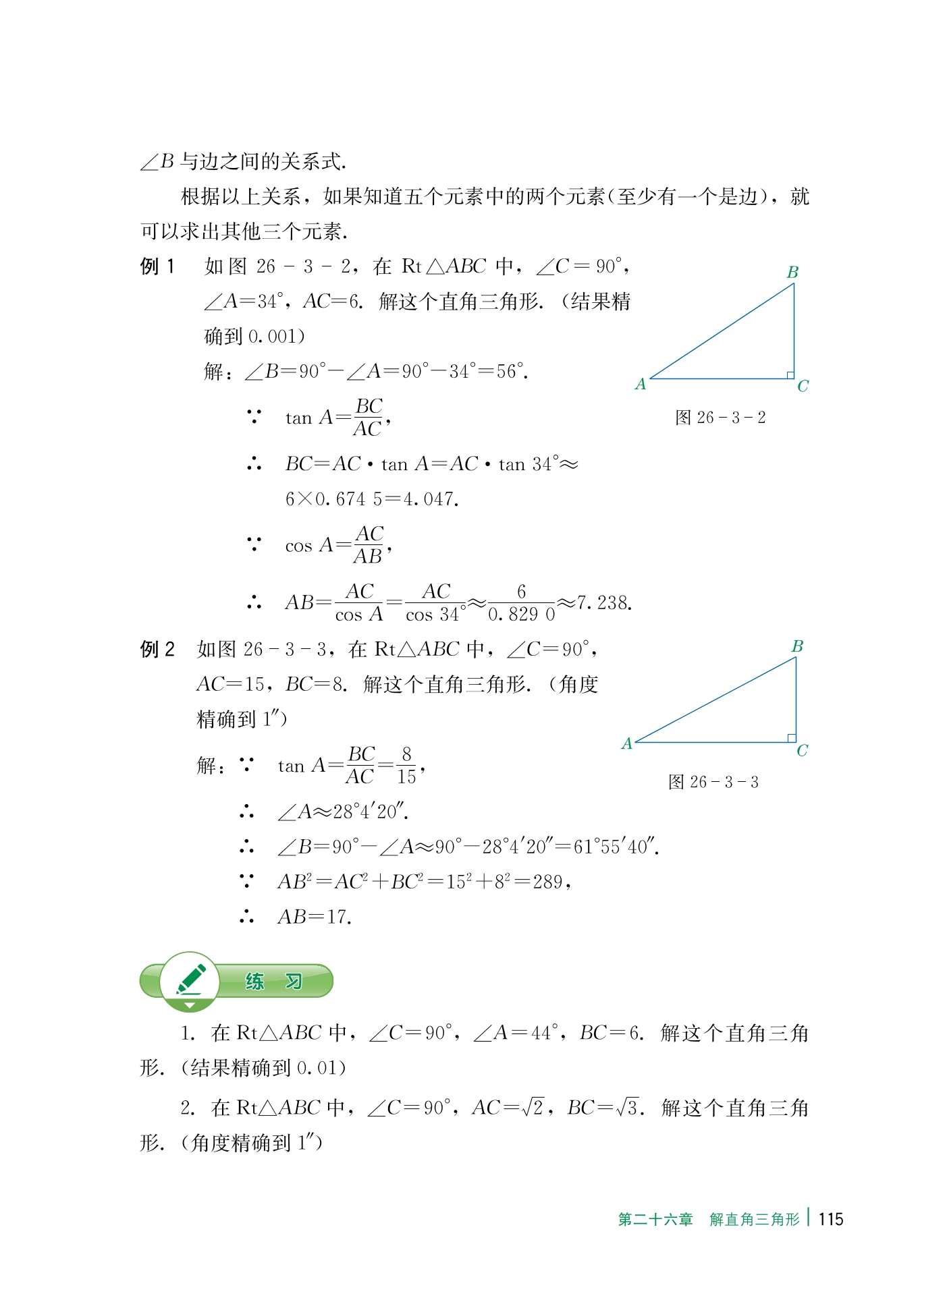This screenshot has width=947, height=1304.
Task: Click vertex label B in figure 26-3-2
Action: (x=792, y=273)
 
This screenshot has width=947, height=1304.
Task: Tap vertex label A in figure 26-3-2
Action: (x=641, y=385)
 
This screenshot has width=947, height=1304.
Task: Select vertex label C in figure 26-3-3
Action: (x=802, y=751)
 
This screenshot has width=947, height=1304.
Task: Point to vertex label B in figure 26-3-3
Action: (x=797, y=646)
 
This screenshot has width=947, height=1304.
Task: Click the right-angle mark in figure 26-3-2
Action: (x=790, y=375)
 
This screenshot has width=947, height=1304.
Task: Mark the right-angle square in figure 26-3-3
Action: (x=792, y=738)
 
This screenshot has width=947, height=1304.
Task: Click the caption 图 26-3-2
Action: (x=720, y=418)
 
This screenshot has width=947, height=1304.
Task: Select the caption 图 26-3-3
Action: (x=713, y=782)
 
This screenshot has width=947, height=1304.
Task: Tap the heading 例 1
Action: (x=157, y=267)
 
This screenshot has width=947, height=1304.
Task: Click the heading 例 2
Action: (x=157, y=650)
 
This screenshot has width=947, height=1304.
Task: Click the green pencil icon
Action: (x=190, y=980)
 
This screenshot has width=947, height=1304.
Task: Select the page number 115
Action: (x=830, y=1219)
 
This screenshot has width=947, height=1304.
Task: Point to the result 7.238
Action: (x=604, y=603)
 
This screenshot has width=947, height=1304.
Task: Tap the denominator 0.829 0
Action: (x=521, y=614)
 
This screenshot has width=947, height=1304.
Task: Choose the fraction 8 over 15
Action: (x=406, y=766)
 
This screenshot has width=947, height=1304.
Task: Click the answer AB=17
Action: (x=314, y=917)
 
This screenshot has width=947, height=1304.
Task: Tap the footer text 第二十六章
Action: (x=655, y=1220)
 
